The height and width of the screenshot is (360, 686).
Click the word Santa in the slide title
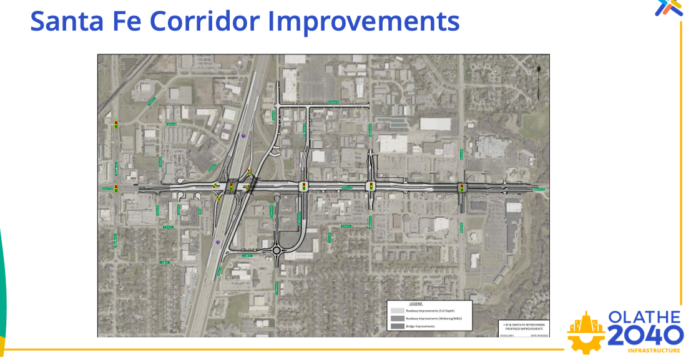point(66,21)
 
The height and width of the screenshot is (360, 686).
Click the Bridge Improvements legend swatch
point(397,326)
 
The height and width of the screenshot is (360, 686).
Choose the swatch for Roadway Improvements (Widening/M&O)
point(397,318)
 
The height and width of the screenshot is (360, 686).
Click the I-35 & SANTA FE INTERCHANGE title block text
point(524,324)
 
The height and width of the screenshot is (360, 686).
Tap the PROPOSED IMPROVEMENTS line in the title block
point(524,328)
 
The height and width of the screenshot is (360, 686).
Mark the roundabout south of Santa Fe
point(276,251)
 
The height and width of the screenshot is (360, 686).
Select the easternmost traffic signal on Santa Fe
point(462,187)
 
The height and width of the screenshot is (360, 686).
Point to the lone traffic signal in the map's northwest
point(116,125)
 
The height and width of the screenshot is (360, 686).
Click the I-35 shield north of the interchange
point(244,134)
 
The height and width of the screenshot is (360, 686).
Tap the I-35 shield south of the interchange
point(217,241)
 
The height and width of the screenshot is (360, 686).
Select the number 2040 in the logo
point(645,336)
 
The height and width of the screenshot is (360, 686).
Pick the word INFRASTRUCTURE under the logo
point(654,351)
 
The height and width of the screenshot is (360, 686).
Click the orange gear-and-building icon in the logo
point(586,332)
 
